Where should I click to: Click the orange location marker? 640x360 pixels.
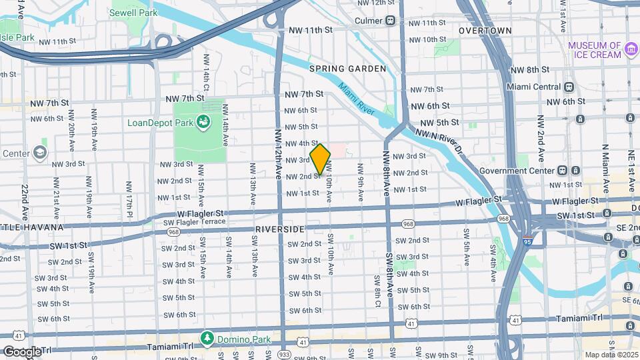320,159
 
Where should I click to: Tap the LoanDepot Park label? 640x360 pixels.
161,123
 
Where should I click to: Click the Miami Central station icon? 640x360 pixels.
569,87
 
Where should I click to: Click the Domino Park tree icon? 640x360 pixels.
208,338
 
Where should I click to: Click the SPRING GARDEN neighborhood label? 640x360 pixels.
347,69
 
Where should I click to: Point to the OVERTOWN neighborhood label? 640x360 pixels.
485,31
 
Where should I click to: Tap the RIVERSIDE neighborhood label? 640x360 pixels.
279,229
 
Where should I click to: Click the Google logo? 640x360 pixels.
21,351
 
